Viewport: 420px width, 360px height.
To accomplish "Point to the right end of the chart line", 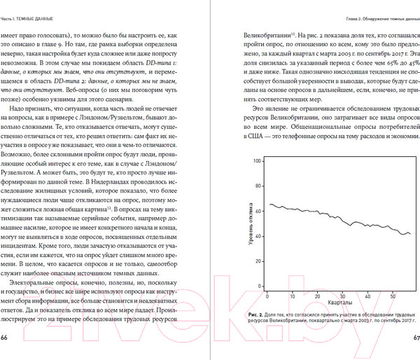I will tap(410, 233).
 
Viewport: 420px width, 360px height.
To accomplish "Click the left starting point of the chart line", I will tap(269, 204).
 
